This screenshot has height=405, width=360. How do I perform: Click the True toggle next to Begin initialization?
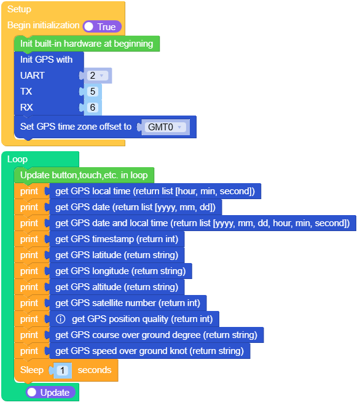[102, 26]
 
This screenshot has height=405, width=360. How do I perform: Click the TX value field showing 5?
[93, 92]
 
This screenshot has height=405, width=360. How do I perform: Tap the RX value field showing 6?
[93, 108]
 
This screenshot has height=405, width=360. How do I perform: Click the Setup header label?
[19, 9]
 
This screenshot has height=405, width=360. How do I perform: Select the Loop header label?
[17, 159]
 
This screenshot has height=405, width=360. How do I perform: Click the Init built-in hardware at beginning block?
[87, 44]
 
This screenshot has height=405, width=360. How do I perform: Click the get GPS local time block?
[155, 191]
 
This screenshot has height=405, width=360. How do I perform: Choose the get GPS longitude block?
[120, 271]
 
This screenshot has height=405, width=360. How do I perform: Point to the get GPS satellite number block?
[128, 303]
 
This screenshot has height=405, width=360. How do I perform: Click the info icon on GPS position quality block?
[61, 319]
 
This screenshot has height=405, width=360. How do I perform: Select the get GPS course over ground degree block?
[156, 335]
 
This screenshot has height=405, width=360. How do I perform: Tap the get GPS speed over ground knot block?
[149, 351]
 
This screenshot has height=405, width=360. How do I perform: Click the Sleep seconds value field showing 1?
[64, 371]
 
